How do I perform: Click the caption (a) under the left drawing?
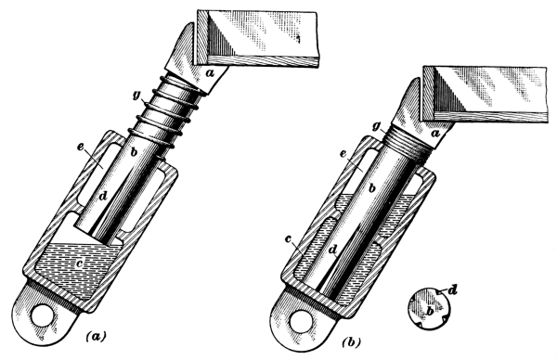pos(96,336)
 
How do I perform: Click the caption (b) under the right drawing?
pos(351,342)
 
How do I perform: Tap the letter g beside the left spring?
pos(136,96)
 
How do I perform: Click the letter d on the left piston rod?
pos(103,195)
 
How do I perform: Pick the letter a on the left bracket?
pos(210,73)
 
